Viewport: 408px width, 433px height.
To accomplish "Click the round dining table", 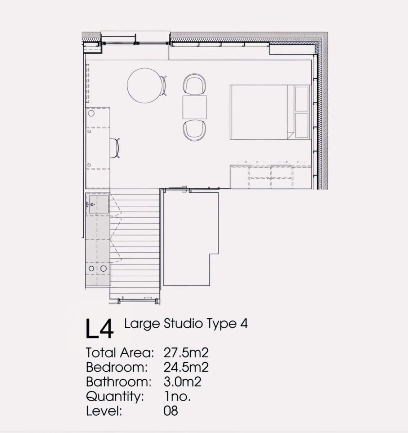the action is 145,86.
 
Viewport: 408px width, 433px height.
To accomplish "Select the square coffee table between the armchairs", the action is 195,107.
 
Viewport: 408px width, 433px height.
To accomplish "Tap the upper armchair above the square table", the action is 195,84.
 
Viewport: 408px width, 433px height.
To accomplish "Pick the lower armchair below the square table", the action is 195,130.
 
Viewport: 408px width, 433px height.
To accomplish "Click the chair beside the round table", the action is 164,86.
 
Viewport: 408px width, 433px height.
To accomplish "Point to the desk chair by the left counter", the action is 115,148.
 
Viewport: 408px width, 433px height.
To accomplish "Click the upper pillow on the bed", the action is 302,99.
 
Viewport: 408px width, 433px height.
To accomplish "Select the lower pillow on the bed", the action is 302,125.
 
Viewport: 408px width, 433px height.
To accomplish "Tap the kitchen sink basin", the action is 99,204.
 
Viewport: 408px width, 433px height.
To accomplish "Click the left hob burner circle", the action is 92,268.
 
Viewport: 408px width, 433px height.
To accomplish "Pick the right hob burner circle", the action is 103,268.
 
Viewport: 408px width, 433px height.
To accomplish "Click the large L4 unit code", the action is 99,329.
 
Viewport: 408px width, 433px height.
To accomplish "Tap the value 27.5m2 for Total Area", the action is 186,353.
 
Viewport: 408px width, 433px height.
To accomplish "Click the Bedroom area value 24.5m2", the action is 186,367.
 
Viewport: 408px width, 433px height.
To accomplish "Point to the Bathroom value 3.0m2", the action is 182,382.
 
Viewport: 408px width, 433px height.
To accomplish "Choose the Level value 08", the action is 171,411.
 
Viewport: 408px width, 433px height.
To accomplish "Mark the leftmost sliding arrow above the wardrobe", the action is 242,162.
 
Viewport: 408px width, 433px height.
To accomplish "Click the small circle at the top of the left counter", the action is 91,113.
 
